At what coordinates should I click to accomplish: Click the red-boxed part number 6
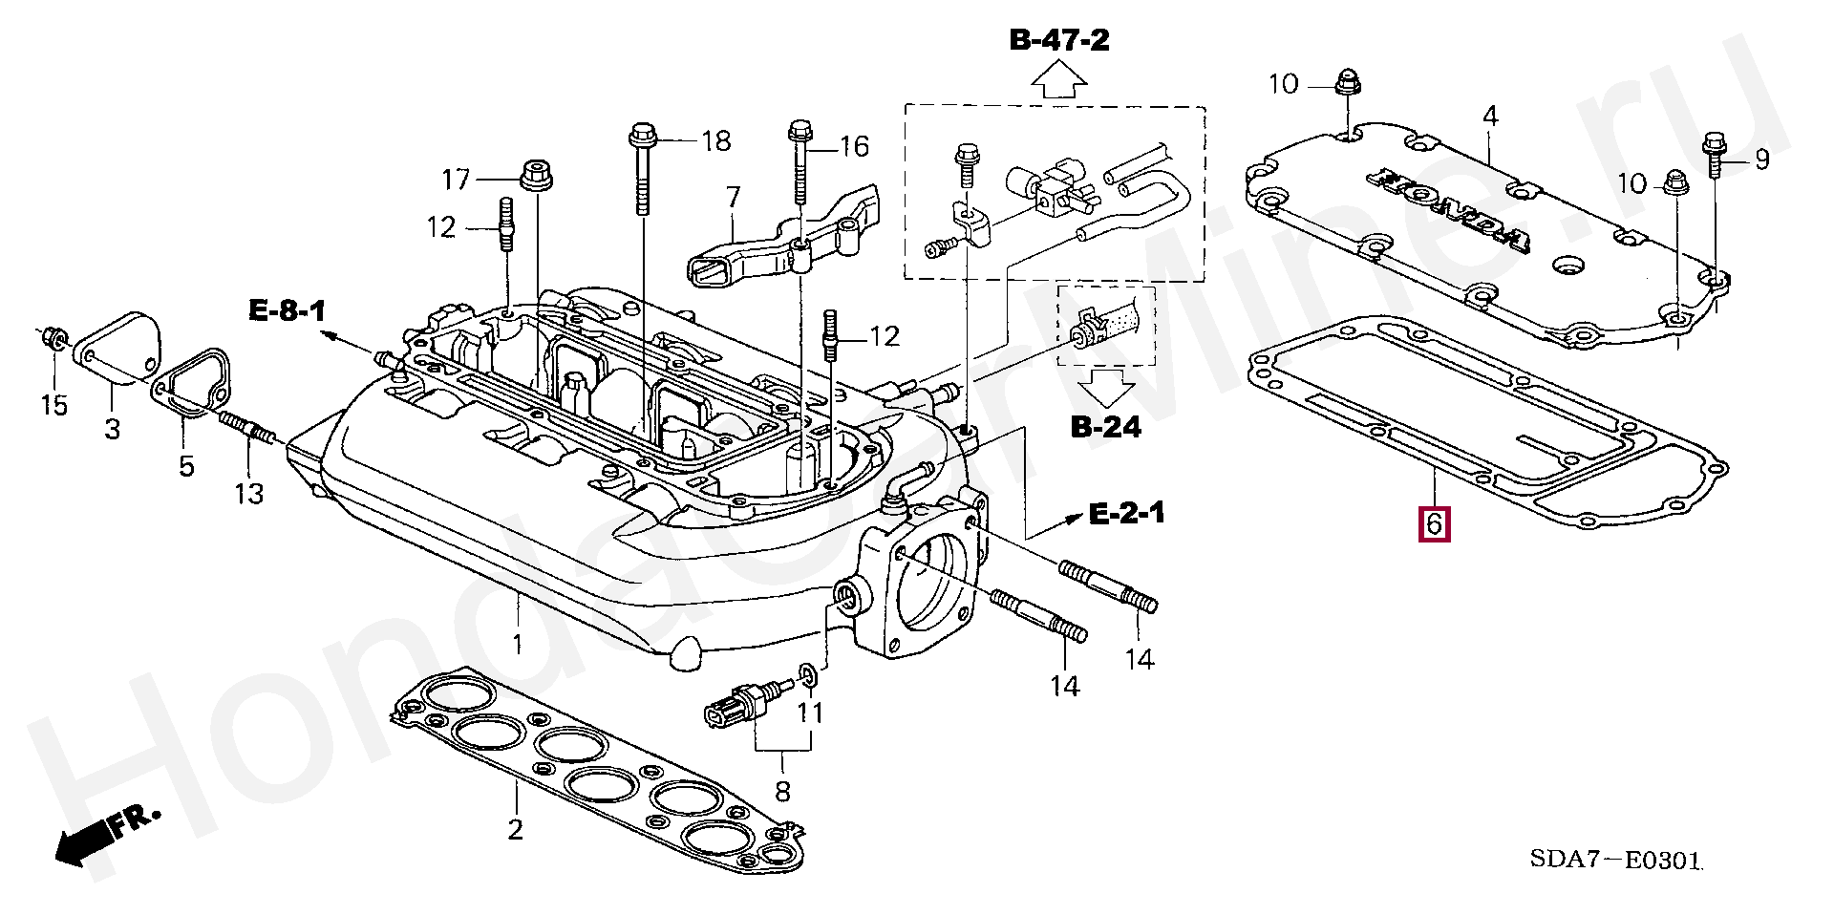(1435, 524)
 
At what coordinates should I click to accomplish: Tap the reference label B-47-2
(1059, 40)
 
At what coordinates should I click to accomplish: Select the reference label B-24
(1106, 426)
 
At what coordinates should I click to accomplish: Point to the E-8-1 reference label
(288, 310)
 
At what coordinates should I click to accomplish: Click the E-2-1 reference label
(1127, 514)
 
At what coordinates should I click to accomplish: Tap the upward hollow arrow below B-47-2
(1060, 79)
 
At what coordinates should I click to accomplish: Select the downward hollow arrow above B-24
(1106, 388)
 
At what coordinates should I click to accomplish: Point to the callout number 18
(716, 141)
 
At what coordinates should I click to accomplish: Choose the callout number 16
(854, 146)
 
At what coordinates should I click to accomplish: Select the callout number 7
(733, 198)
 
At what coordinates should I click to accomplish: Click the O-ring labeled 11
(808, 677)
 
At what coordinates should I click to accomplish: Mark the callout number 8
(783, 791)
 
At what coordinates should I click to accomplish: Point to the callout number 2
(516, 829)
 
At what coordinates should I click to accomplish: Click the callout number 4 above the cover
(1490, 117)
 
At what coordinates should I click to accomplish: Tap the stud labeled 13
(247, 427)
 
